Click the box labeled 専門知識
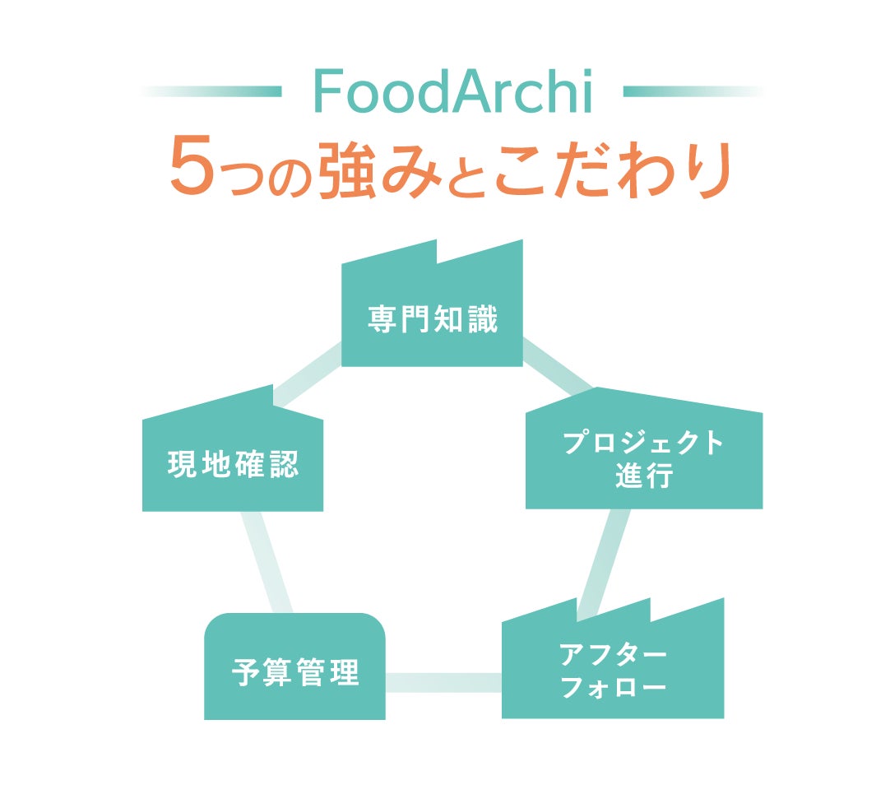point(432,319)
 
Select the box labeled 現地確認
point(233,466)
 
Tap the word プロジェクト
point(644,443)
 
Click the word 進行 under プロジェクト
point(644,476)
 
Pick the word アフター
point(613,655)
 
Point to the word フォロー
point(613,688)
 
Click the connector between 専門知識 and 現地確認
point(308,376)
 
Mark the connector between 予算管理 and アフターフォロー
point(443,682)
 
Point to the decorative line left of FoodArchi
point(212,91)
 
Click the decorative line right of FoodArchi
point(693,91)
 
